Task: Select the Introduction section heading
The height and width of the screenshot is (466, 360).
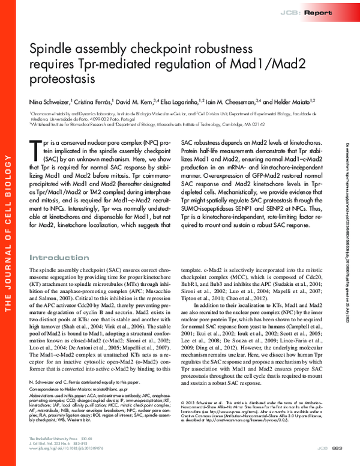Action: point(59,258)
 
